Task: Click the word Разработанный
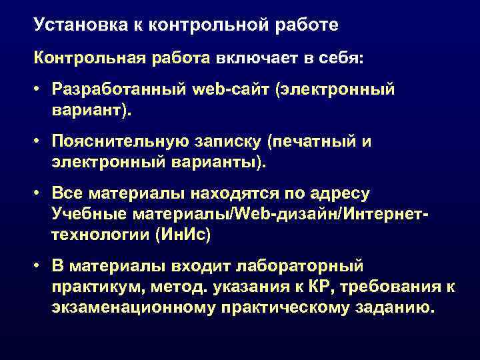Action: click(x=110, y=89)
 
